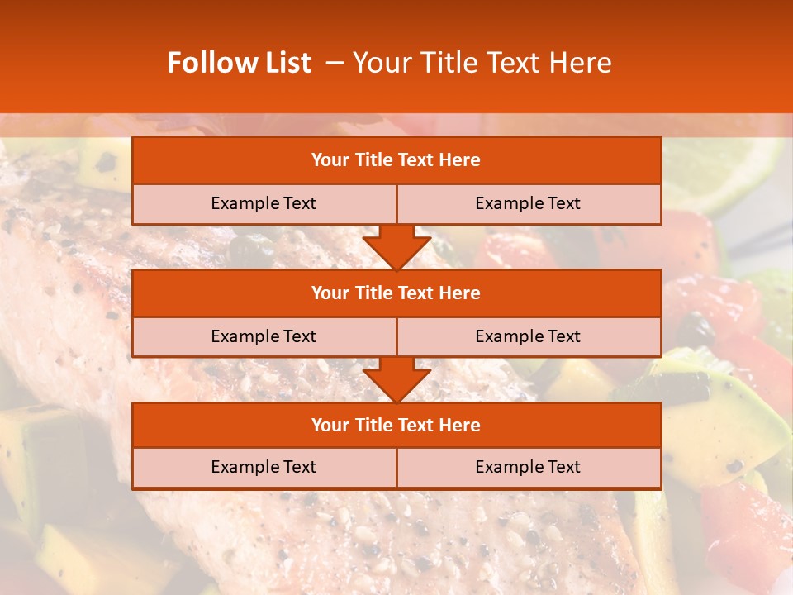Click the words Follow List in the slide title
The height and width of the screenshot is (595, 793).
[239, 63]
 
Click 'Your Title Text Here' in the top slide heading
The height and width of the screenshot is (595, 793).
[482, 63]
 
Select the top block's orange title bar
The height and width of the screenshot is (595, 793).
[396, 160]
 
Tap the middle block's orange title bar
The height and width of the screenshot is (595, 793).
[396, 293]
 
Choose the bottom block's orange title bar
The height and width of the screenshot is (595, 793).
[396, 425]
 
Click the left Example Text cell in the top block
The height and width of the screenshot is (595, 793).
[264, 203]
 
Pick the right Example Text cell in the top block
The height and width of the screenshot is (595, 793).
[528, 203]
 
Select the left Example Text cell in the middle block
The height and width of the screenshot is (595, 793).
[264, 336]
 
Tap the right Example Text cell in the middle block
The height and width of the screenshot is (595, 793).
[528, 336]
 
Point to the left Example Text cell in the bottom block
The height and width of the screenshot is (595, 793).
[264, 467]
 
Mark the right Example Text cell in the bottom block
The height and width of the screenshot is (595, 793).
[528, 467]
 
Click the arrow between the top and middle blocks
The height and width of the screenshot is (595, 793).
[396, 247]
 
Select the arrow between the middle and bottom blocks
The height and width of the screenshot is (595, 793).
[396, 379]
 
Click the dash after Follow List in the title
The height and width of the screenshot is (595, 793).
[335, 63]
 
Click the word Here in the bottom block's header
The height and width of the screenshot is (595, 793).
[460, 425]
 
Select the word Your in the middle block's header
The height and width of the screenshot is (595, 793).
[330, 293]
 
